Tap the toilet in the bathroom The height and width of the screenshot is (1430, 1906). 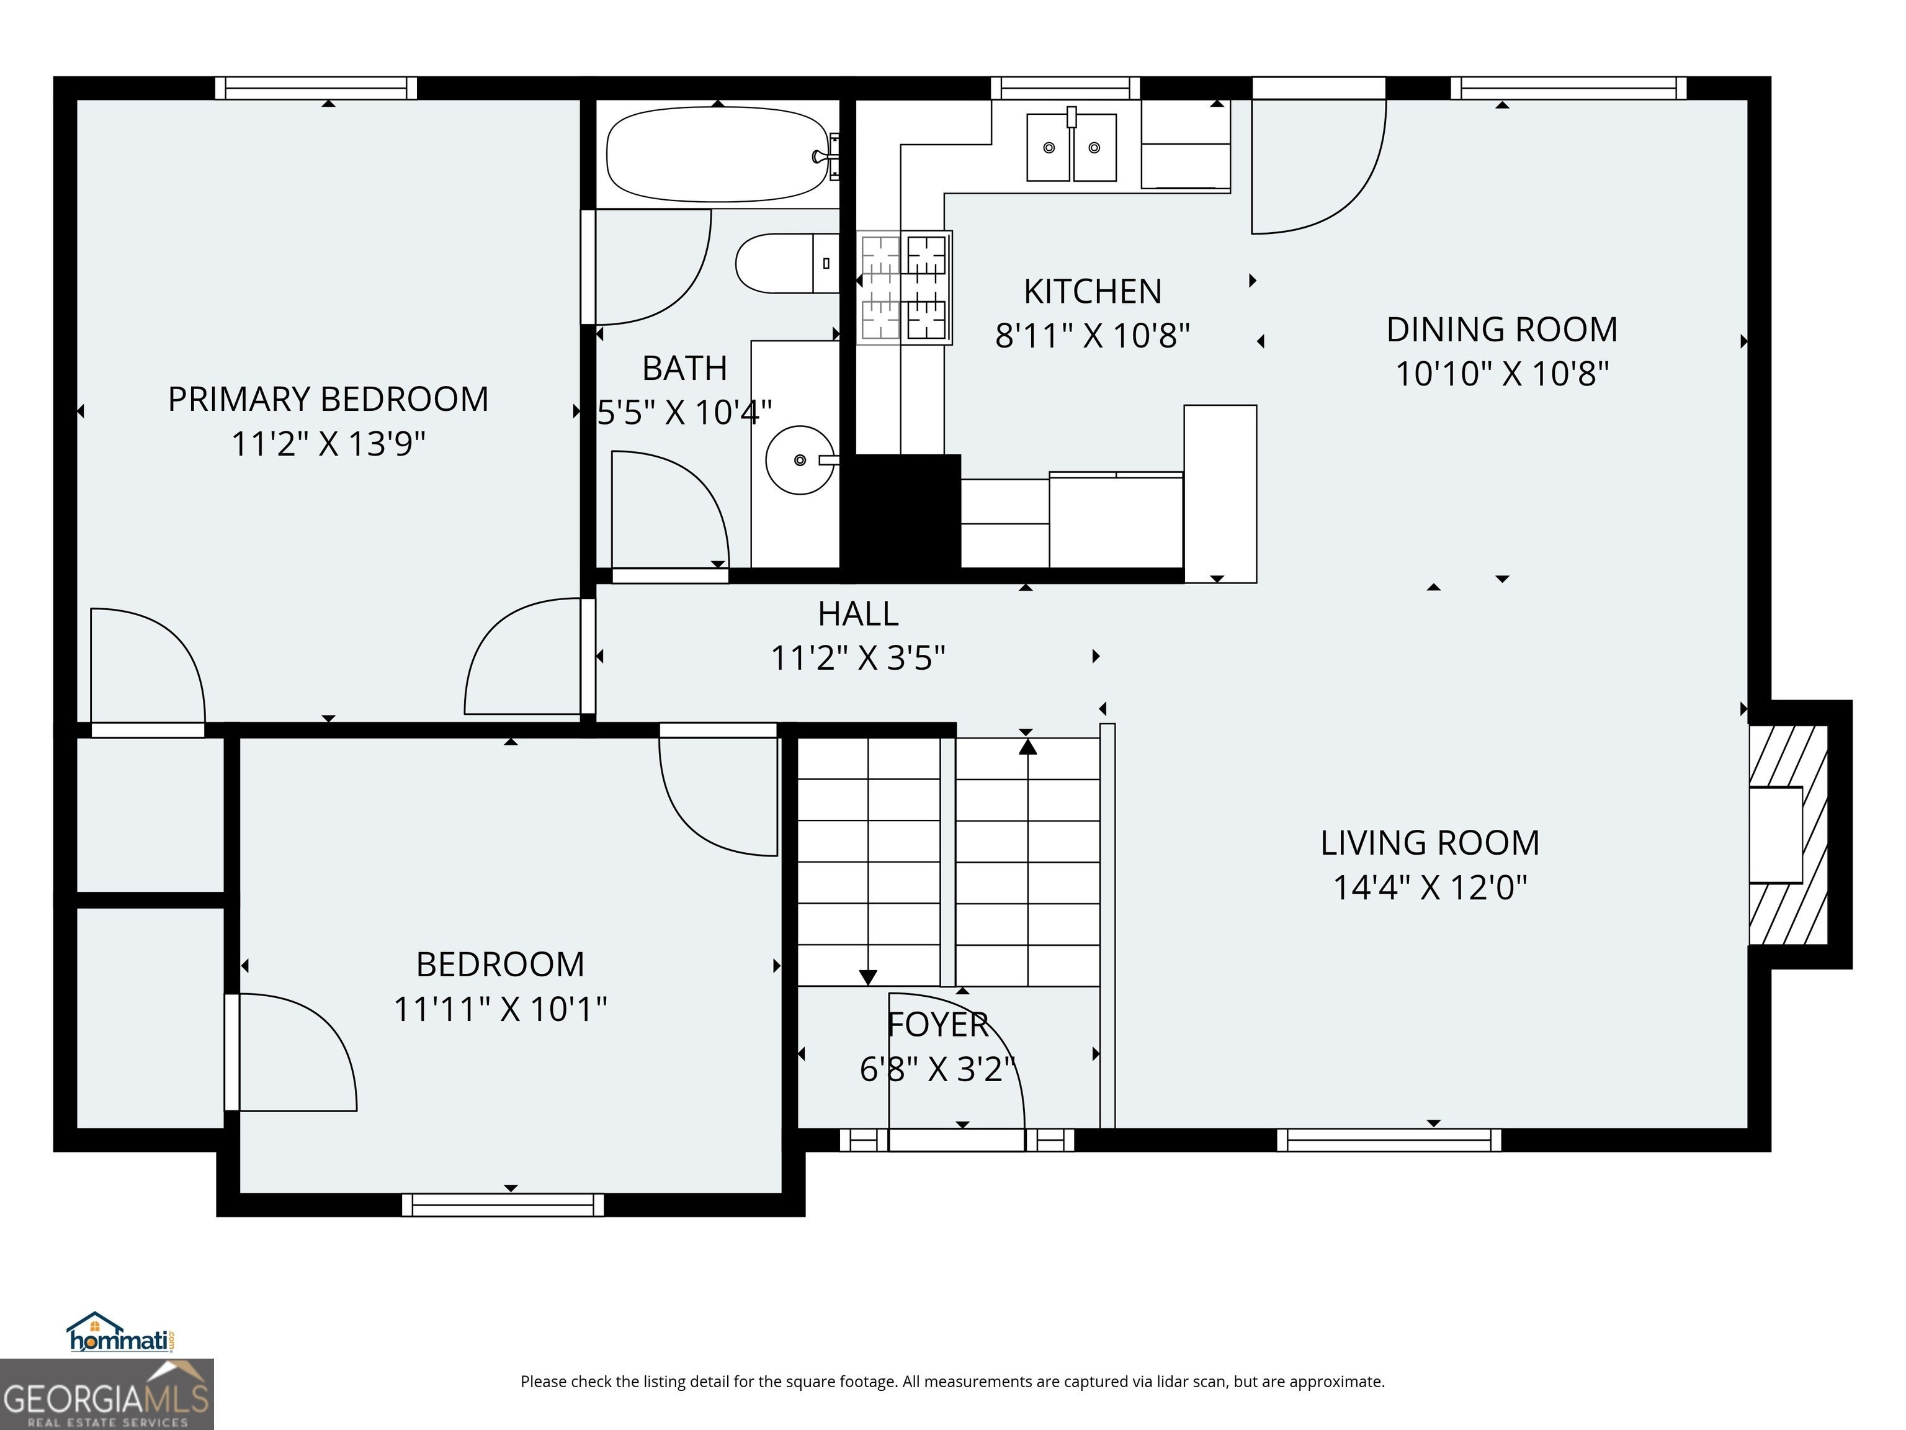pyautogui.click(x=787, y=263)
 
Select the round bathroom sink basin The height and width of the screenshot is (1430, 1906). pyautogui.click(x=800, y=461)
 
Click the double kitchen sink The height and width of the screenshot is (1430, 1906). pyautogui.click(x=1072, y=147)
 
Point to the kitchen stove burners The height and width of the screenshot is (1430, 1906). pyautogui.click(x=904, y=287)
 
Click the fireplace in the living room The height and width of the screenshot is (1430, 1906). pyautogui.click(x=1789, y=834)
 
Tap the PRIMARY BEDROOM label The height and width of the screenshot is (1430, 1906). pyautogui.click(x=328, y=399)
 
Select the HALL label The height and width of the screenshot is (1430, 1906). pyautogui.click(x=858, y=614)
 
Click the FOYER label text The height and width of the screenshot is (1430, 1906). pyautogui.click(x=937, y=1025)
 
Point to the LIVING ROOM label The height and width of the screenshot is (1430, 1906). pyautogui.click(x=1430, y=843)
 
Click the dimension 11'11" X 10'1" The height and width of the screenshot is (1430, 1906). pyautogui.click(x=501, y=1009)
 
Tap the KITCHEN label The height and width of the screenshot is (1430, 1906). pyautogui.click(x=1093, y=291)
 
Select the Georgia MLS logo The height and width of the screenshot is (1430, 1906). pyautogui.click(x=106, y=1394)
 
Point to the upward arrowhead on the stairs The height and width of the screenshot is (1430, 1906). pyautogui.click(x=1027, y=745)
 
